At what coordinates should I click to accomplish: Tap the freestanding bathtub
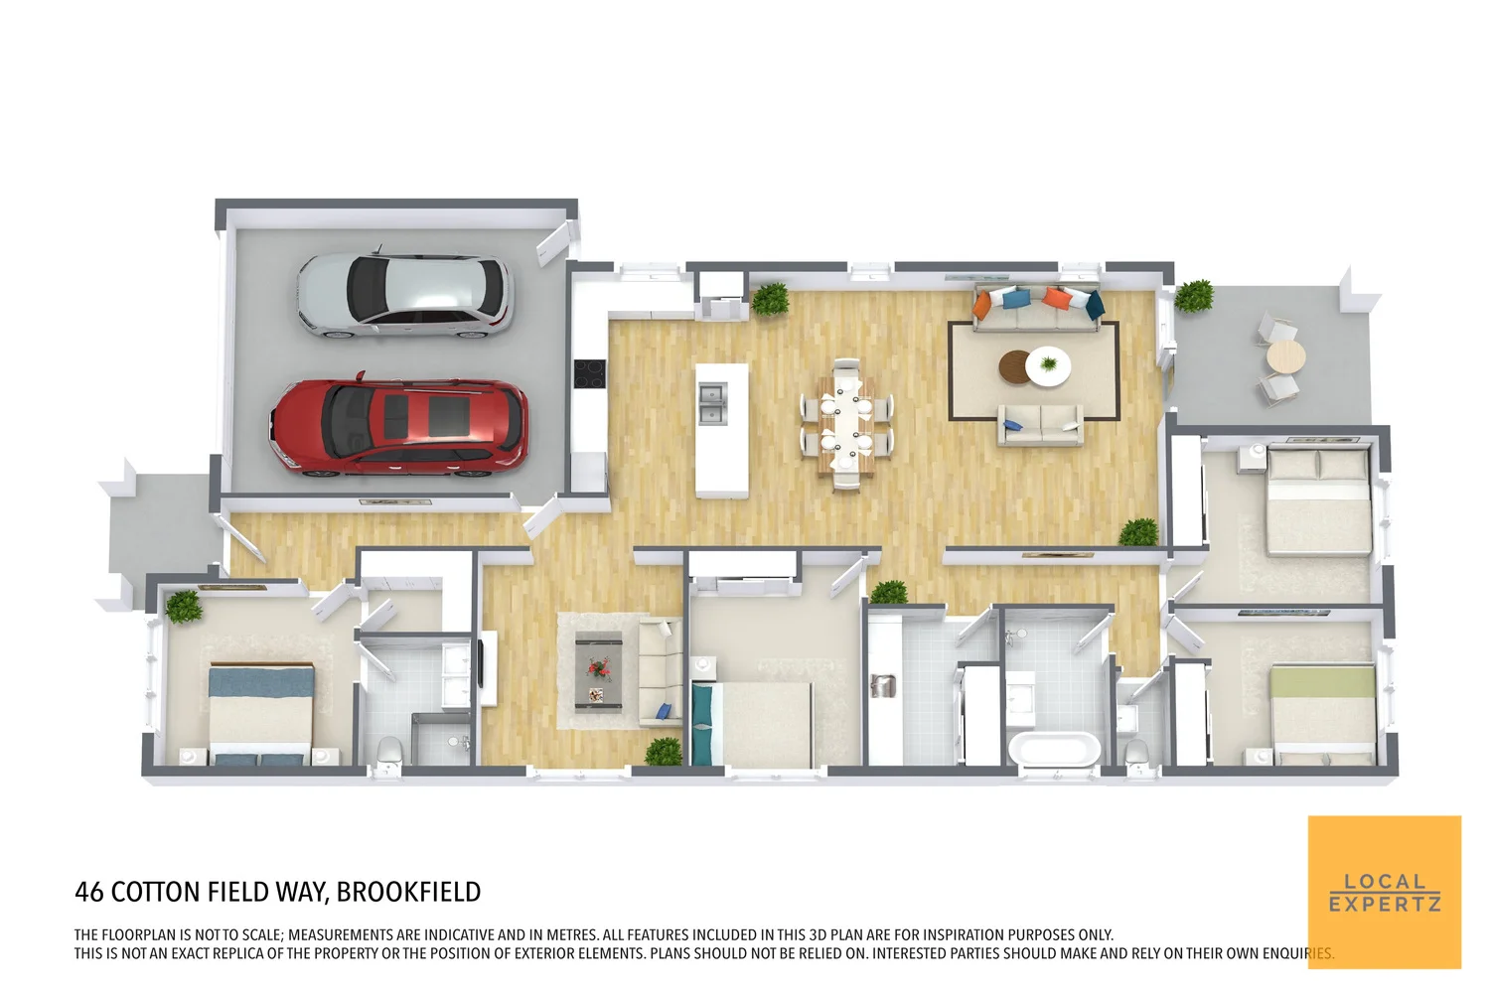coord(1054,749)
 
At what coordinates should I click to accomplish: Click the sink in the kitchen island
coord(710,403)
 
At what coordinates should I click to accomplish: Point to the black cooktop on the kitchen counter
coord(589,373)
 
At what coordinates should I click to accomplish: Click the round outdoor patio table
coord(1285,356)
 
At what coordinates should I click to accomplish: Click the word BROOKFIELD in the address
coord(408,892)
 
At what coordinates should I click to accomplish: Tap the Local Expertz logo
coord(1384,892)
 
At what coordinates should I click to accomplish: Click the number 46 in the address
coord(88,892)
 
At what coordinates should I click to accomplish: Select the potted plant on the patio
coord(1194,296)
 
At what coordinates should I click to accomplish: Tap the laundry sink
coord(882,684)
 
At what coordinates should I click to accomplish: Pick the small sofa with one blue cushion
coord(1040,424)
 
